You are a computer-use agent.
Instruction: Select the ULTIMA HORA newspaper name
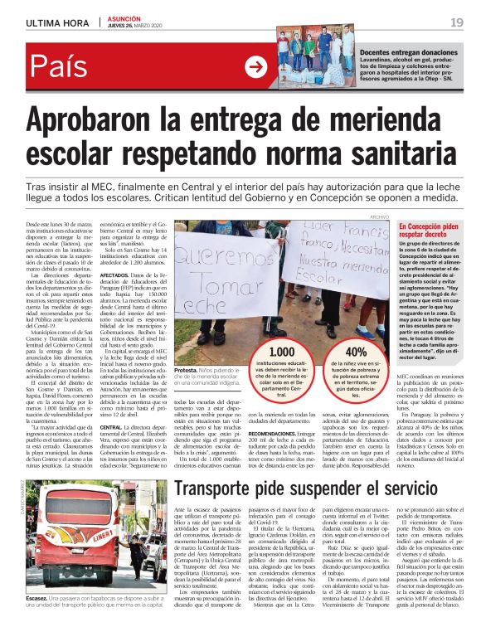[x=58, y=22]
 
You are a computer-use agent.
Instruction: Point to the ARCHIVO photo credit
[x=379, y=217]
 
